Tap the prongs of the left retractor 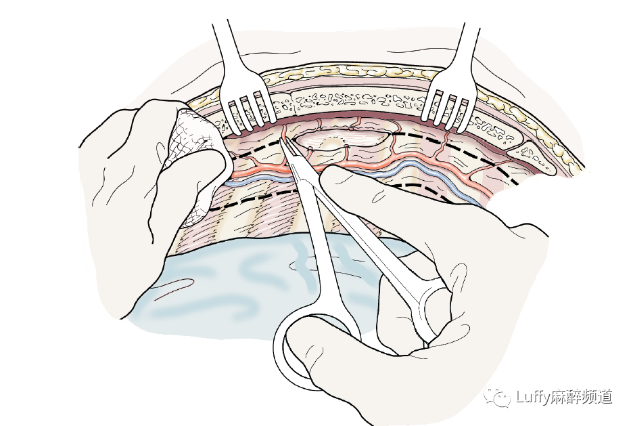point(250,112)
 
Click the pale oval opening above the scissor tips point(342,139)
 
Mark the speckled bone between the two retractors point(352,102)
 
